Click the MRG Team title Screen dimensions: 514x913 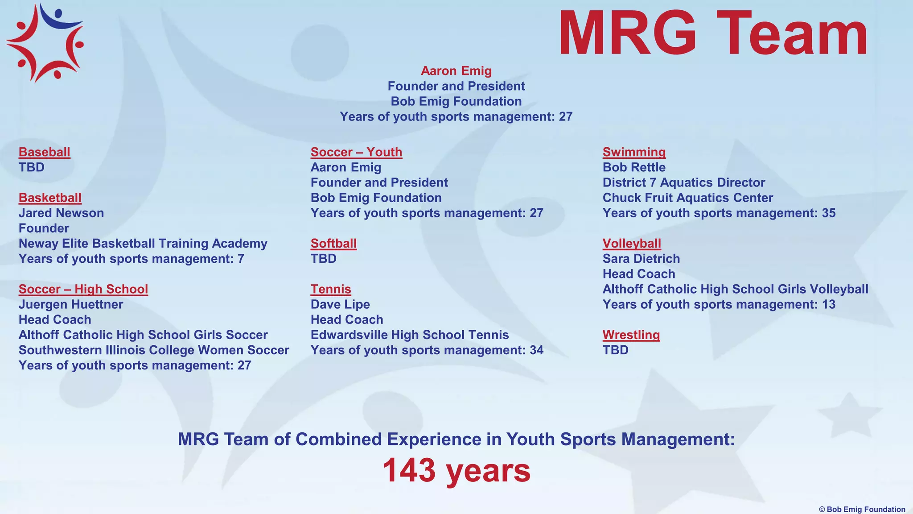[712, 34]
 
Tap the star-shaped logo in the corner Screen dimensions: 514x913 [45, 43]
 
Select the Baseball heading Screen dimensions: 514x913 [44, 152]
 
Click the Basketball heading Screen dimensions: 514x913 [50, 198]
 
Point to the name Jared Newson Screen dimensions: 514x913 [61, 213]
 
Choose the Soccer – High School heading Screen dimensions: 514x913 [83, 289]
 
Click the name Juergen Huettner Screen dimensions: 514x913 [71, 304]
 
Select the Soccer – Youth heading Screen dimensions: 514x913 [356, 152]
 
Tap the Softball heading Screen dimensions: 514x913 [333, 244]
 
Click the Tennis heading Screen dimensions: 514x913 [331, 289]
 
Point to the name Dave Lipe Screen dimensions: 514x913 [340, 304]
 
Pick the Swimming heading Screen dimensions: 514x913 [634, 152]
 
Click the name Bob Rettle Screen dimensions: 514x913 [634, 167]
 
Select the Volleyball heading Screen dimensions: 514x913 [632, 244]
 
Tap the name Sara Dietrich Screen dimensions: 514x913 [641, 259]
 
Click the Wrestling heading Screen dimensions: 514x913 [631, 335]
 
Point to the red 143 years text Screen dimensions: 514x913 [456, 470]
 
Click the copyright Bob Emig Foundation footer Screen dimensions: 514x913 [862, 509]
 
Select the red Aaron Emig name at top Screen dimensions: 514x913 [456, 71]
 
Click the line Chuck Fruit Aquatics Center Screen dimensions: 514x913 [687, 198]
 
